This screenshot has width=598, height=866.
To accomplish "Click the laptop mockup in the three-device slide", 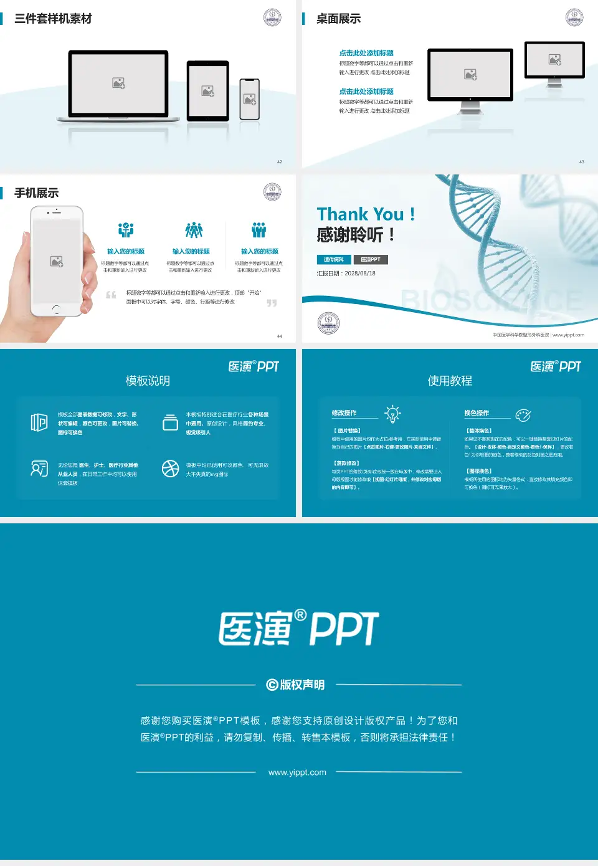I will point(118,85).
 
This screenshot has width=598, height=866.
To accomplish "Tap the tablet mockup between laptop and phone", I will point(208,91).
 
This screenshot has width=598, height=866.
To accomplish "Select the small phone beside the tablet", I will point(250,99).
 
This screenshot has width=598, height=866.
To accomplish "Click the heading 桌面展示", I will point(338,19).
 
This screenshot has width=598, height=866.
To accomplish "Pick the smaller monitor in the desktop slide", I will point(554,60).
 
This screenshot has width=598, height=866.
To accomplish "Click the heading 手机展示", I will point(37,193).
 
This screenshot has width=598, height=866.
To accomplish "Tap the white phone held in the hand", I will point(56,262).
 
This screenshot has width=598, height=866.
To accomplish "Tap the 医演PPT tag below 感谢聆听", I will point(371,260).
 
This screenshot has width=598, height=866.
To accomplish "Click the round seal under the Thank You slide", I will point(328,323).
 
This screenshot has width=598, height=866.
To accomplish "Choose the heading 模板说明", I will point(148,381).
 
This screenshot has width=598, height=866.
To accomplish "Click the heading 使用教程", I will point(450,381).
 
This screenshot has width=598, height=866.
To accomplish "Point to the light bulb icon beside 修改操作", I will point(392,414).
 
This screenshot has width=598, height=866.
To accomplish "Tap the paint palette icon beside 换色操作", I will point(523,415).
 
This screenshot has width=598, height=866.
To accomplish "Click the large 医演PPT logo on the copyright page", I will point(299,628).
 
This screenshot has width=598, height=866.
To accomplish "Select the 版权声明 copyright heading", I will point(296,685).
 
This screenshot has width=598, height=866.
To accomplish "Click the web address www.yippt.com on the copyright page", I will point(297,773).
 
